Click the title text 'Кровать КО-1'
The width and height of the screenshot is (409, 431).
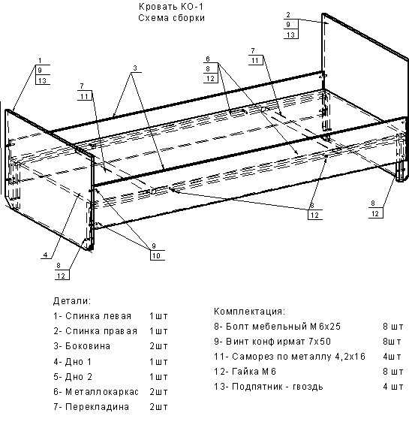point(171,6)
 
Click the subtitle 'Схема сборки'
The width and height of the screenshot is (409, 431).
point(171,18)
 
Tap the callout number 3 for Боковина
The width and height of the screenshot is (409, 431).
point(135,68)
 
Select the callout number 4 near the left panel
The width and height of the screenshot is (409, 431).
point(46,255)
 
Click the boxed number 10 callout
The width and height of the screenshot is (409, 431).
point(156,255)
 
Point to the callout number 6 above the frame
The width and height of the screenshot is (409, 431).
point(208,59)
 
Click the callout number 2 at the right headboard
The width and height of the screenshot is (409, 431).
point(288,15)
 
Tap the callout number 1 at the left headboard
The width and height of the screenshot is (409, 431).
point(40,61)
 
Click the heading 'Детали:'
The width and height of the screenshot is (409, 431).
point(72,301)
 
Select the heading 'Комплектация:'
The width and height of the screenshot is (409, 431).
point(249,312)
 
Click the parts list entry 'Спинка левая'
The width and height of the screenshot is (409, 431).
point(98,316)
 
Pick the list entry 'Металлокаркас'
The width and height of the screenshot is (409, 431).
point(102,392)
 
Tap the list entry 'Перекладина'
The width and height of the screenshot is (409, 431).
point(97,407)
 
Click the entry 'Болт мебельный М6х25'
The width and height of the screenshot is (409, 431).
point(283,327)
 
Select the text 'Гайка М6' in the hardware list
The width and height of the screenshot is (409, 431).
point(254,372)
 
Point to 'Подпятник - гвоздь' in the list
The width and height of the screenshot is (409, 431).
point(278,387)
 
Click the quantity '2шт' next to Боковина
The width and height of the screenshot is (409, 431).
point(158,346)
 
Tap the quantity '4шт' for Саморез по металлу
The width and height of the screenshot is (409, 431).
point(392,357)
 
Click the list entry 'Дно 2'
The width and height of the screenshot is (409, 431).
point(79,377)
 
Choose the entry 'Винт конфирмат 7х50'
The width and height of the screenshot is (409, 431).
point(278,342)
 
